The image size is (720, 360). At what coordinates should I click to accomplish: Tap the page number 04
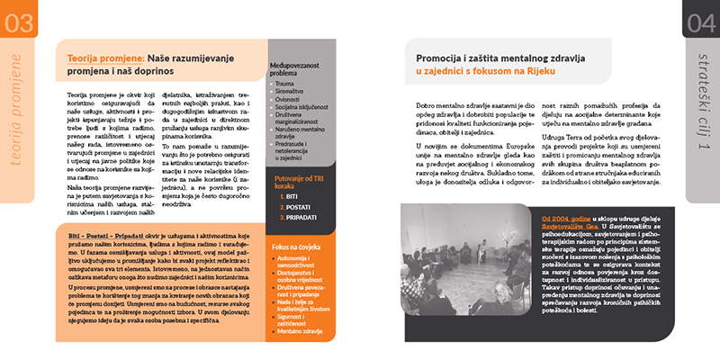700,21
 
